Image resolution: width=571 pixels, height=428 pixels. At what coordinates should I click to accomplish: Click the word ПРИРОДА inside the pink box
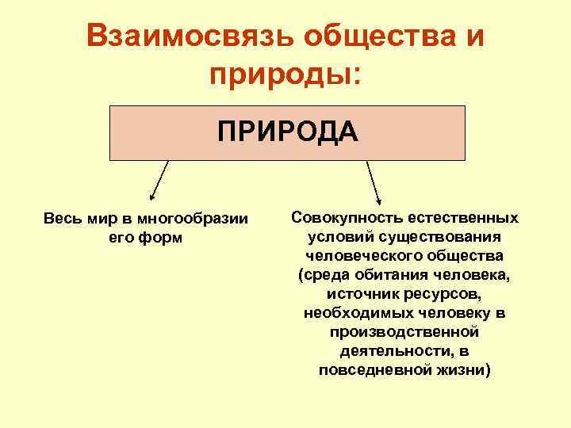click(x=288, y=131)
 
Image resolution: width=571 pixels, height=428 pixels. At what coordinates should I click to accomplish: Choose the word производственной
click(x=405, y=332)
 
